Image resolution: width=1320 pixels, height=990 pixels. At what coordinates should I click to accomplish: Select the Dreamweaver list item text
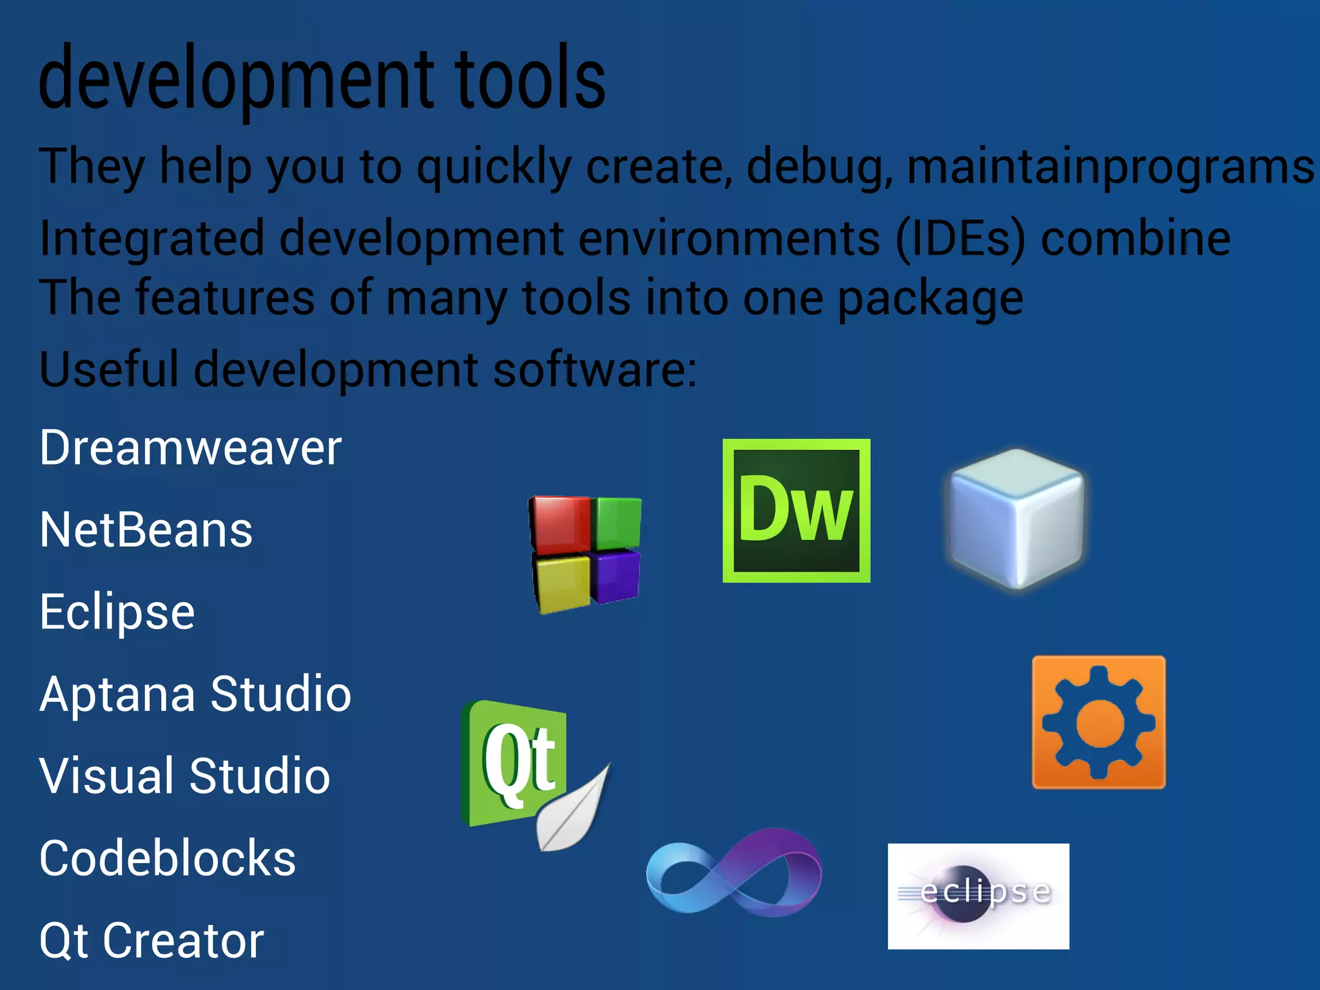click(x=190, y=447)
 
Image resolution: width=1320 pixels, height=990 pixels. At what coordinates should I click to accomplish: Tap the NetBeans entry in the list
click(x=146, y=530)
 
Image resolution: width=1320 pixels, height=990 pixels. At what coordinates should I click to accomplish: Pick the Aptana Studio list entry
click(x=195, y=694)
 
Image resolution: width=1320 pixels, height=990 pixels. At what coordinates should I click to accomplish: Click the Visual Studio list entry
click(x=184, y=776)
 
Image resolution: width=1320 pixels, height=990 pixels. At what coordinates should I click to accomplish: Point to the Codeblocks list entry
click(x=168, y=859)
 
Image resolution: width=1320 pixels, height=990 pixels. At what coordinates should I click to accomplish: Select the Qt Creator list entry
click(x=151, y=940)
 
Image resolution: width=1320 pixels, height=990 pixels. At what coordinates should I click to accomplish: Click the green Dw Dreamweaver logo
click(x=796, y=510)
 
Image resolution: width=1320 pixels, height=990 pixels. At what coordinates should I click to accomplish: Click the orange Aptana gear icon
click(x=1098, y=722)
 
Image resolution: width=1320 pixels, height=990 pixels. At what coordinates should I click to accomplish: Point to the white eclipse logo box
click(x=978, y=896)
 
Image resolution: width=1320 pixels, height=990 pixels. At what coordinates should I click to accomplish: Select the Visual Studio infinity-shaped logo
click(x=733, y=871)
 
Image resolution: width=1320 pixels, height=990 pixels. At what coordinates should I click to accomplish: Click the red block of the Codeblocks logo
click(x=559, y=525)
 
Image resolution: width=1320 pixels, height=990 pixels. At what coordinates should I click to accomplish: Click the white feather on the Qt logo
click(x=570, y=812)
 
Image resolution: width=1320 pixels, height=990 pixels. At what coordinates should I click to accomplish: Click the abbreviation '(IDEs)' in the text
click(x=960, y=238)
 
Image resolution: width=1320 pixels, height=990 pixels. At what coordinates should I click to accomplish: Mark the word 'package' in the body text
click(x=930, y=298)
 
